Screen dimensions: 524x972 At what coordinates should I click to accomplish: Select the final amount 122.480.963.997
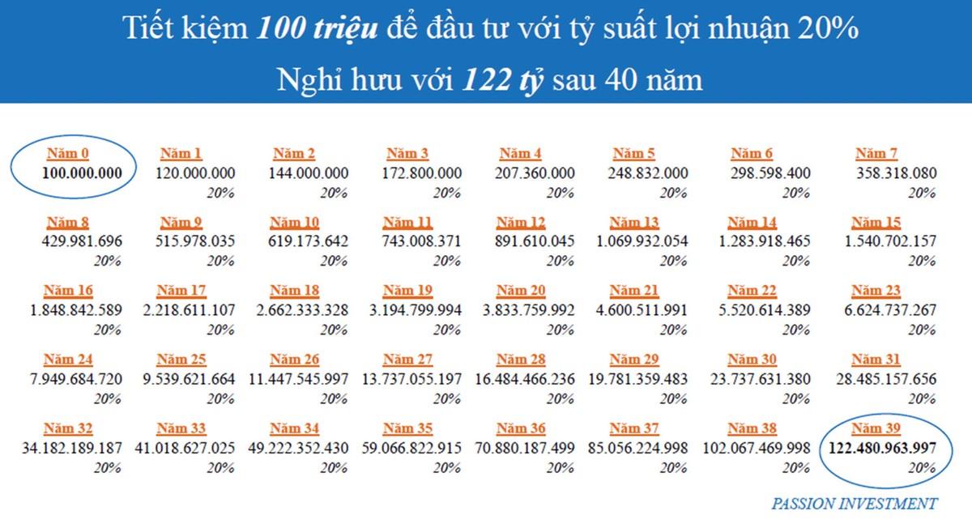click(880, 448)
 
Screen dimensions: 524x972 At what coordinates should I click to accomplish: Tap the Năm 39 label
click(876, 428)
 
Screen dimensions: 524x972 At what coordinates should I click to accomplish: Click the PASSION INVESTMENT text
click(854, 504)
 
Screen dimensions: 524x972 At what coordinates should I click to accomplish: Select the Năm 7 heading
click(876, 153)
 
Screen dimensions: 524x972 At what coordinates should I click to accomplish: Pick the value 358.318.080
click(896, 173)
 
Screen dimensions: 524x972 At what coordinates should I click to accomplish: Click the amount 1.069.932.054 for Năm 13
click(642, 241)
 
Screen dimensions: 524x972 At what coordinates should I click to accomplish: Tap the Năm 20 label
click(521, 291)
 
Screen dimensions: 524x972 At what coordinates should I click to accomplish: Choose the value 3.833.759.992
click(529, 310)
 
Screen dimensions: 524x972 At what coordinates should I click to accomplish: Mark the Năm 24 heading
click(68, 360)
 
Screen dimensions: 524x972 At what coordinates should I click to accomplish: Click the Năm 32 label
click(68, 428)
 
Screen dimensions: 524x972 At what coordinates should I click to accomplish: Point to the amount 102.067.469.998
click(757, 448)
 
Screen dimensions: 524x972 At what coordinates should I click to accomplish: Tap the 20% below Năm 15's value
click(922, 262)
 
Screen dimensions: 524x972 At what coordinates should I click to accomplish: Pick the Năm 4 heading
click(521, 153)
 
